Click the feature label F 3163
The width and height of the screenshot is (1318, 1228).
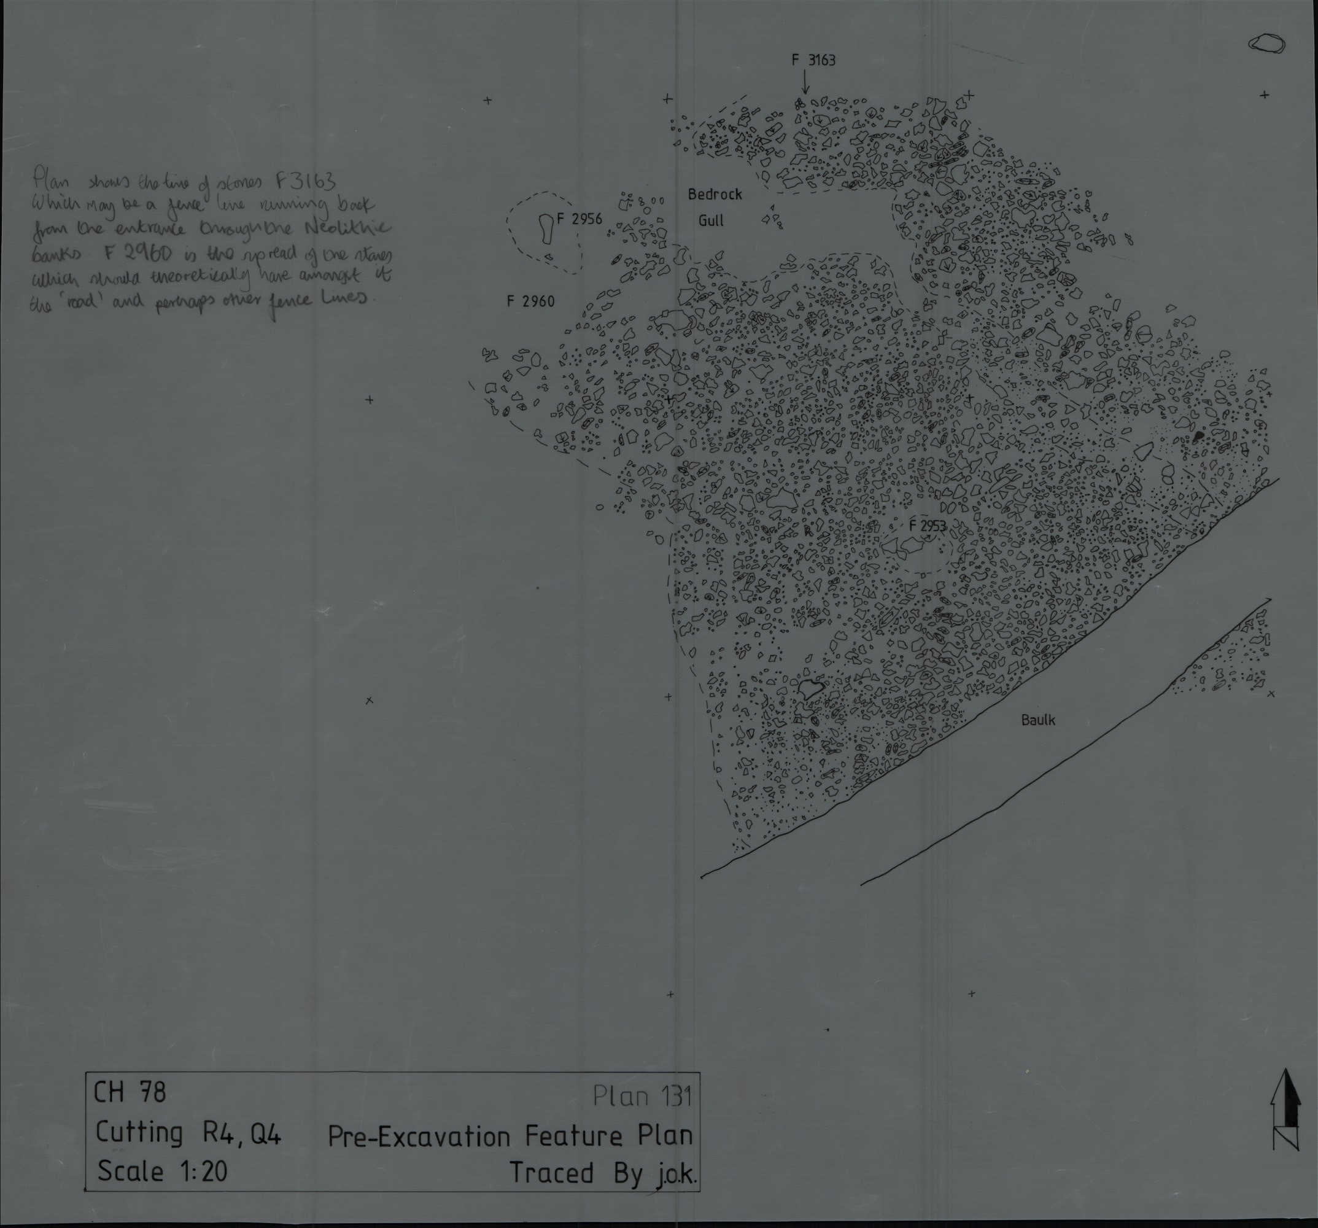coord(813,60)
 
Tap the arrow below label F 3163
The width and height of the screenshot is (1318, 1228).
coord(805,83)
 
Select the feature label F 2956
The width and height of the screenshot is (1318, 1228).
coord(580,219)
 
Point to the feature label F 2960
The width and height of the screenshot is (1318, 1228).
coord(530,301)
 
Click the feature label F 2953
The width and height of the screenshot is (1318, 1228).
coord(928,526)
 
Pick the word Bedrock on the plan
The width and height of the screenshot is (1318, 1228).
coord(715,194)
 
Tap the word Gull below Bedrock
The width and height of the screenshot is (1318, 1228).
coord(711,221)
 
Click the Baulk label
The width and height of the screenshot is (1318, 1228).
coord(1038,720)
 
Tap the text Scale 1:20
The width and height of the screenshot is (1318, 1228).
coord(163,1172)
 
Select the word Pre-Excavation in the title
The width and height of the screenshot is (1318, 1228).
coord(419,1137)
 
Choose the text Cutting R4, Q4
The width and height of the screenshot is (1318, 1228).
coord(188,1133)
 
